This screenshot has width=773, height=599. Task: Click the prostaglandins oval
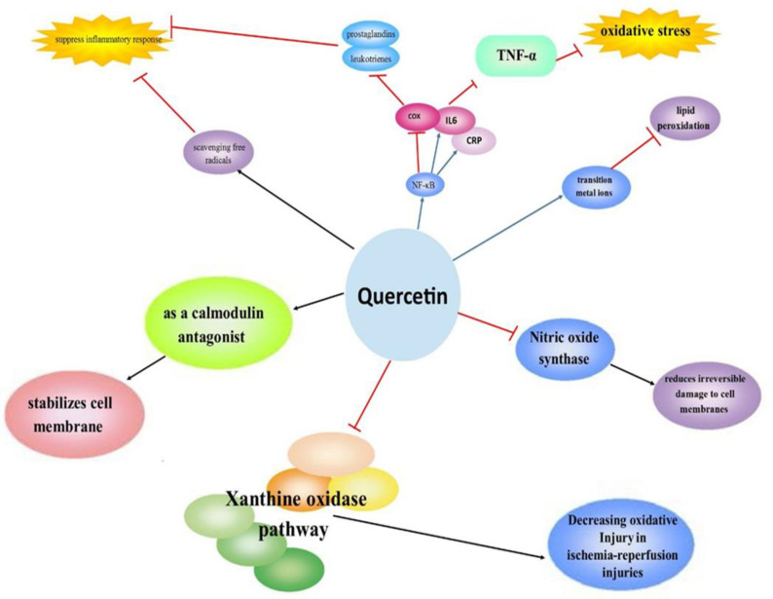coord(371,36)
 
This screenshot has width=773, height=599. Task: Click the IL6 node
coord(452,120)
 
